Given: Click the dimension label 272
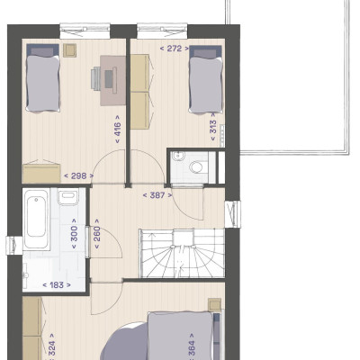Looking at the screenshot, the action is pyautogui.click(x=175, y=49).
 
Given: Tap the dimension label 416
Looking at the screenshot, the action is pyautogui.click(x=118, y=130).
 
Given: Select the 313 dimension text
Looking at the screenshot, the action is pyautogui.click(x=212, y=127).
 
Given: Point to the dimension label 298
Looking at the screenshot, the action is pyautogui.click(x=78, y=175).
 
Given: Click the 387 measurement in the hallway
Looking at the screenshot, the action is pyautogui.click(x=157, y=195).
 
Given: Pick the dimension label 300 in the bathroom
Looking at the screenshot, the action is pyautogui.click(x=74, y=234).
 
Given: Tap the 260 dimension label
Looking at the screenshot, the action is pyautogui.click(x=97, y=234).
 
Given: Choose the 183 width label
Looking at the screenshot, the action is pyautogui.click(x=57, y=284).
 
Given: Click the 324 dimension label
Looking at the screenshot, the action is pyautogui.click(x=51, y=347).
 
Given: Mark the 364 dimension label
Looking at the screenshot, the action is pyautogui.click(x=191, y=347).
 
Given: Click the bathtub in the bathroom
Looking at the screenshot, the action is pyautogui.click(x=36, y=219).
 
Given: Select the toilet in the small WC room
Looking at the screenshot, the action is pyautogui.click(x=197, y=167).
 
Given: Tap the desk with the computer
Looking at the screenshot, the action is pyautogui.click(x=112, y=80).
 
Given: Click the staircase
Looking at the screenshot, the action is pyautogui.click(x=182, y=253).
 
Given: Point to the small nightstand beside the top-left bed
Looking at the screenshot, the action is pyautogui.click(x=69, y=50).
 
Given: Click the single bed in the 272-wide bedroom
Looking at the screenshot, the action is pyautogui.click(x=206, y=79).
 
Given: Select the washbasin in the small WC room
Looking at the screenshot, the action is pyautogui.click(x=177, y=156).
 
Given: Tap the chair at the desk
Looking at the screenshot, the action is pyautogui.click(x=95, y=78).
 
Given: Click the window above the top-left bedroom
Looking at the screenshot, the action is pyautogui.click(x=85, y=31).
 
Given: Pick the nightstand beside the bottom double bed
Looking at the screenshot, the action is pyautogui.click(x=215, y=305).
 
